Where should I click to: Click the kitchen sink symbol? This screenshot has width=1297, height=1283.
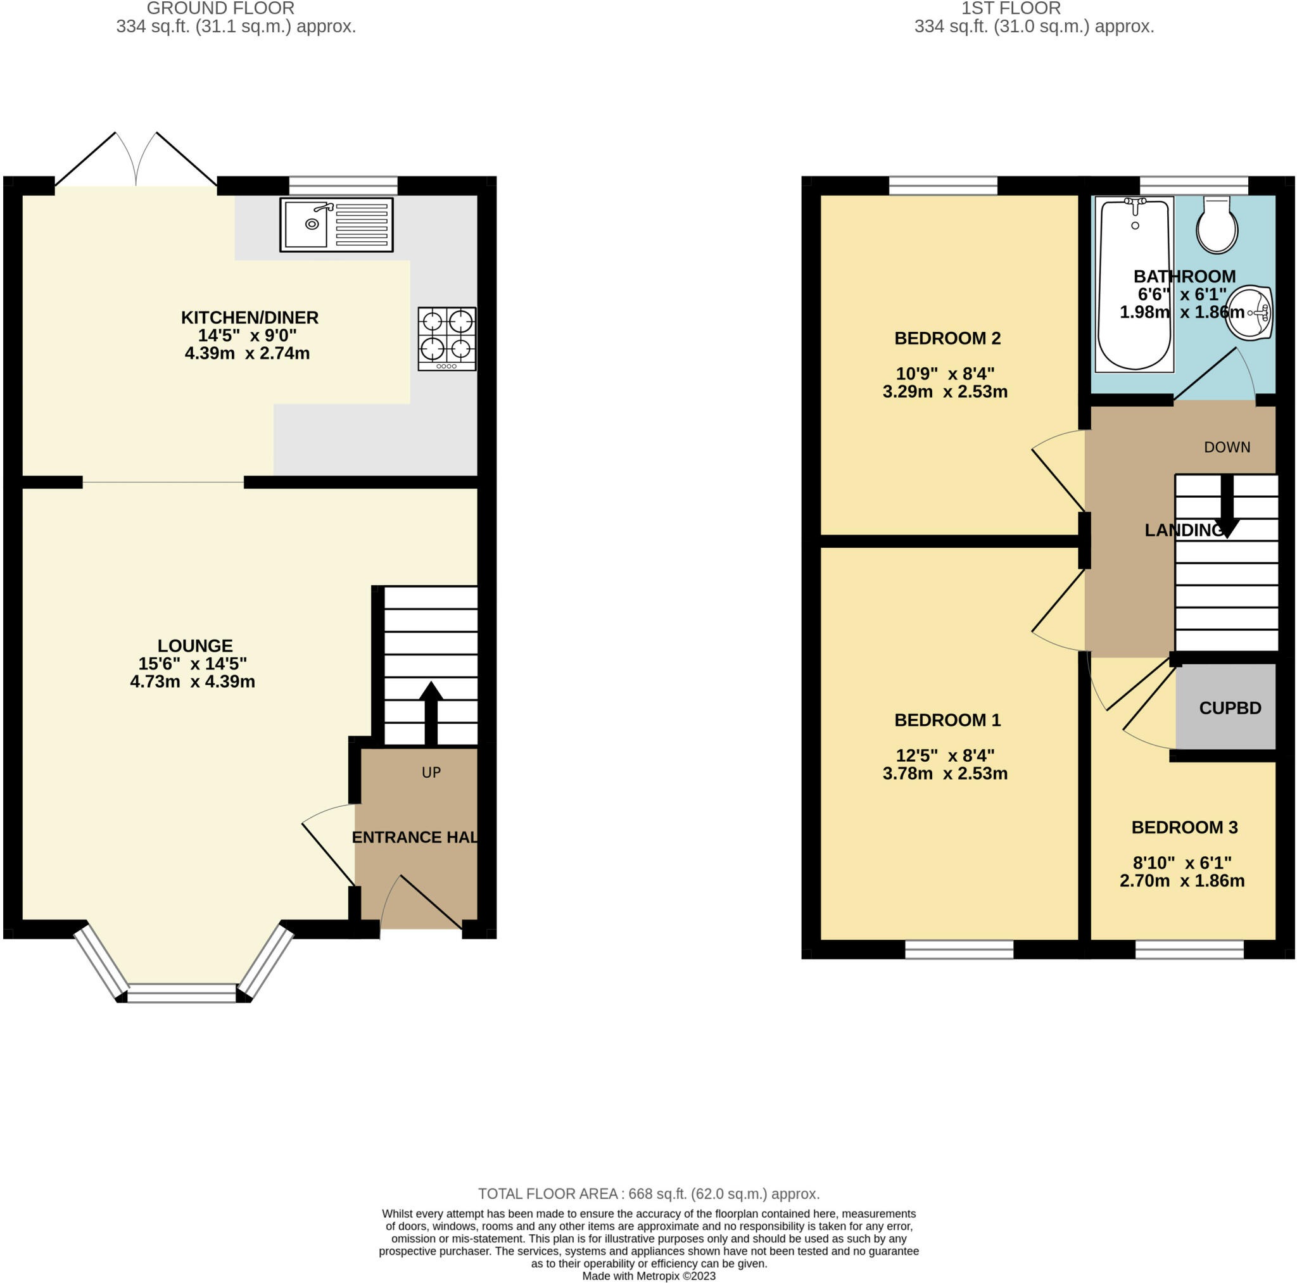click(336, 224)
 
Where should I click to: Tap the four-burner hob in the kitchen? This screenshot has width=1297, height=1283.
click(446, 338)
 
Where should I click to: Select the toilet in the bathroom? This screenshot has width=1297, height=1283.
click(1217, 225)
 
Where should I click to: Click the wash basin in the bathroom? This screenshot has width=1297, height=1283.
click(1250, 313)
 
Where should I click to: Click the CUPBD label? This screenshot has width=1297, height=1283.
click(1229, 707)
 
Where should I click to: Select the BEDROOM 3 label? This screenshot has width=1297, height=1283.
click(1184, 827)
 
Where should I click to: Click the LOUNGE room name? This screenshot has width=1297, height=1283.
click(194, 645)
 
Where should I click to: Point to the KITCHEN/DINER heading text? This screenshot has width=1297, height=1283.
click(250, 317)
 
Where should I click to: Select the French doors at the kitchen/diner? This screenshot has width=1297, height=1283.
click(136, 161)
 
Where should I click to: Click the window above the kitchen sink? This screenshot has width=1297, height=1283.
click(343, 186)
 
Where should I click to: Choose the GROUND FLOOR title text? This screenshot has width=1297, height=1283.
click(220, 9)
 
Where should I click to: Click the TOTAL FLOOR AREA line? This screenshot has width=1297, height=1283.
click(648, 1194)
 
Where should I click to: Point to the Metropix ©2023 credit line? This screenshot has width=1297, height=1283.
click(648, 1275)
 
